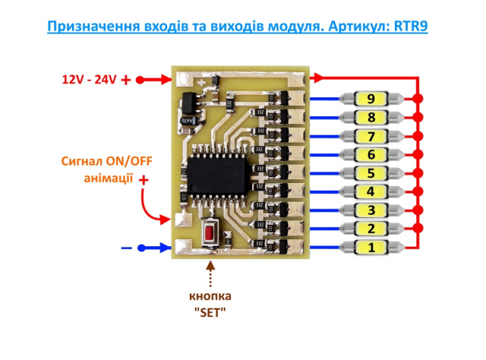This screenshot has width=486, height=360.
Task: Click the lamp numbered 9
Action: [x=371, y=99]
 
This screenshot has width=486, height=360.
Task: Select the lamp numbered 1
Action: [x=371, y=248]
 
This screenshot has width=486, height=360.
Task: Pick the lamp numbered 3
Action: [x=371, y=210]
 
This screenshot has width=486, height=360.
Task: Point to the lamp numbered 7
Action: [x=371, y=136]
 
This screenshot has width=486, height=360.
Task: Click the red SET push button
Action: [x=210, y=233]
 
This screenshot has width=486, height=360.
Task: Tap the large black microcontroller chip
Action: [x=218, y=175]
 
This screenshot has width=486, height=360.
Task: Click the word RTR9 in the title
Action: [x=411, y=26]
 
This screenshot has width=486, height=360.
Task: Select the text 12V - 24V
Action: [x=89, y=80]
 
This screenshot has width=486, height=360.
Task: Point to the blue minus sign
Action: [x=127, y=248]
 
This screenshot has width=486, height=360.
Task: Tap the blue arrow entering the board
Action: [x=154, y=248]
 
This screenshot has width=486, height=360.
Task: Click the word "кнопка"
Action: [x=210, y=296]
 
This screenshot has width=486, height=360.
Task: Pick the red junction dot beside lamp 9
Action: [x=418, y=99]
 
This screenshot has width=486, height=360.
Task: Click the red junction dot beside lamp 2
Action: [x=418, y=229]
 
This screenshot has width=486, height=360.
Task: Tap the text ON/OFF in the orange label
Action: [x=129, y=161]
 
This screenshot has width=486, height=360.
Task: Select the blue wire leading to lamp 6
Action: [x=325, y=155]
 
